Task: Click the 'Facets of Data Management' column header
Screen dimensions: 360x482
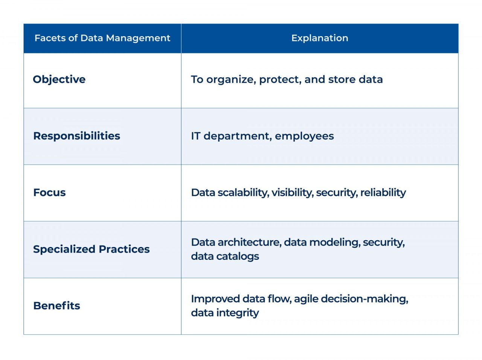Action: (102, 38)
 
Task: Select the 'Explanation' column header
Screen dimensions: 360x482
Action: (320, 38)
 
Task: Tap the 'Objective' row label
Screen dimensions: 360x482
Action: (59, 79)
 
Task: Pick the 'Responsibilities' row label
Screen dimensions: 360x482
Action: (76, 136)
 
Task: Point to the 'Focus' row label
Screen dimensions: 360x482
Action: (49, 192)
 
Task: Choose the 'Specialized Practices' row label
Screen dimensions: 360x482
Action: (91, 249)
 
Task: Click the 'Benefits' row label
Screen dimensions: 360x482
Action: (56, 306)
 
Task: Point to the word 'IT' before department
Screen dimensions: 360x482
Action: (195, 136)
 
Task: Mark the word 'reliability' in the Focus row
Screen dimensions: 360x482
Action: (383, 192)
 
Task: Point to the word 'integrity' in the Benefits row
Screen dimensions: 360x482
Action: (239, 313)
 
